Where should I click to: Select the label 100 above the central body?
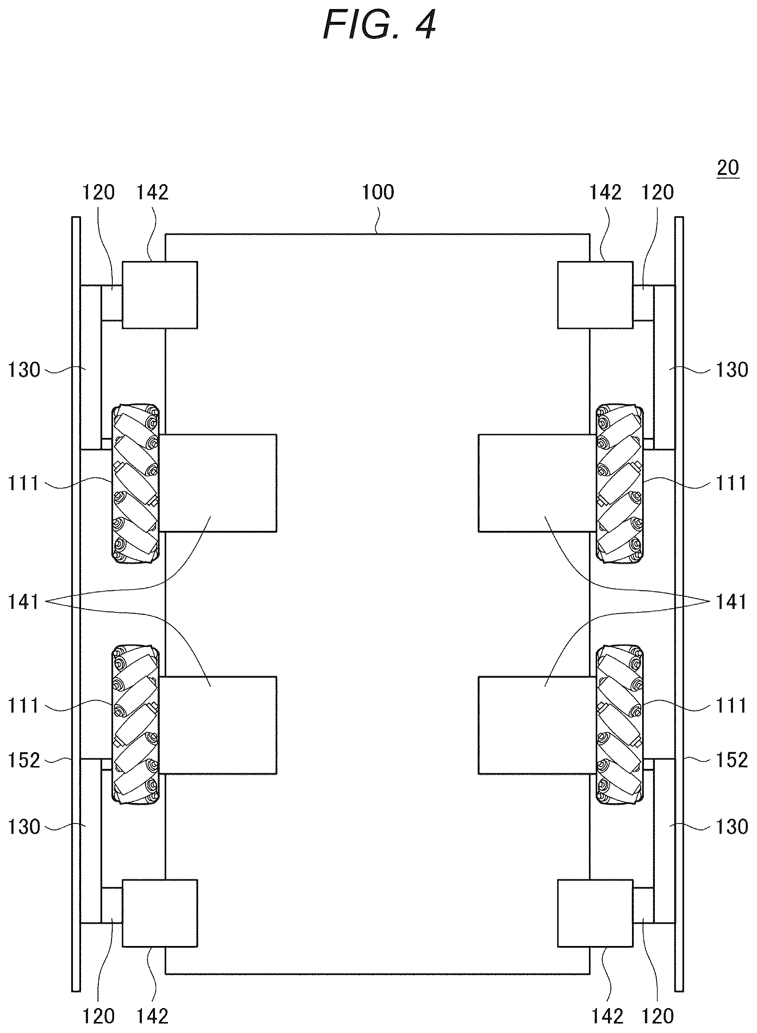378,192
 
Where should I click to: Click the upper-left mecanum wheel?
136,484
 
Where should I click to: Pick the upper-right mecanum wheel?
619,484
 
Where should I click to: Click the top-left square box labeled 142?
160,295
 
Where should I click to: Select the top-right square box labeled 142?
595,295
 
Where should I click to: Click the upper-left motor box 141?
218,483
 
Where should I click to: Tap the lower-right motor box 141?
537,726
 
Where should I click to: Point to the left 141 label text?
24,601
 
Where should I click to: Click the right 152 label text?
732,760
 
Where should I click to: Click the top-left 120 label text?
98,192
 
